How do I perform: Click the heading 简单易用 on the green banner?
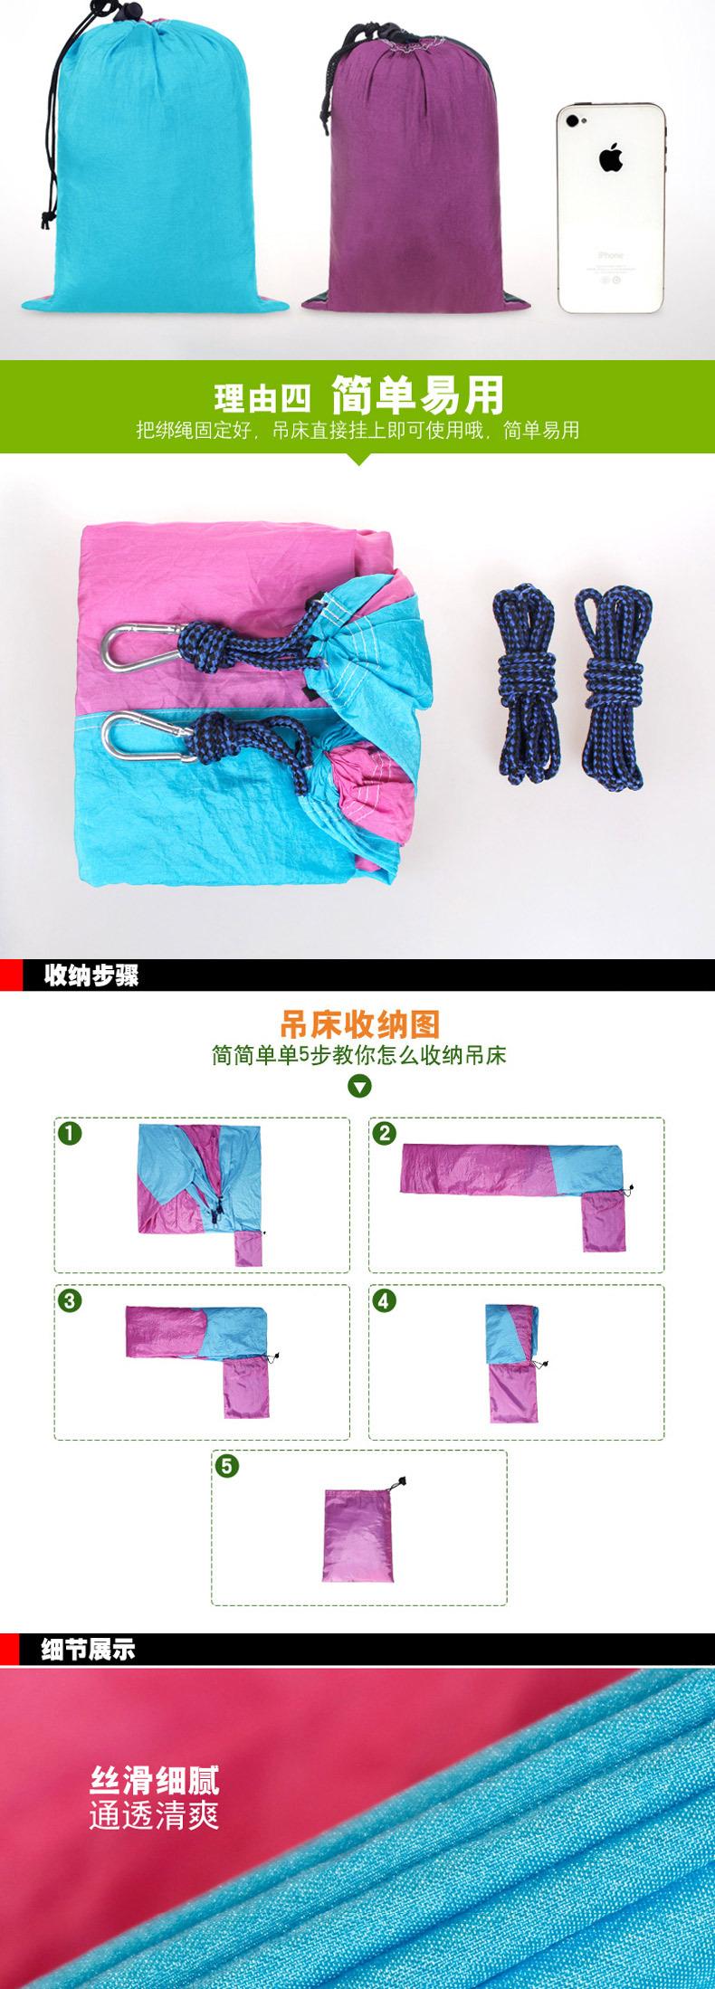417,395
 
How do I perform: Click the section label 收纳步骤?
91,976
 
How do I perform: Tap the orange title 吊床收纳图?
359,1024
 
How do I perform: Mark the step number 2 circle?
385,1133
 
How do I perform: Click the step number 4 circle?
385,1300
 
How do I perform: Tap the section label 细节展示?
89,1650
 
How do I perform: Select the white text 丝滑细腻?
154,1781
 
